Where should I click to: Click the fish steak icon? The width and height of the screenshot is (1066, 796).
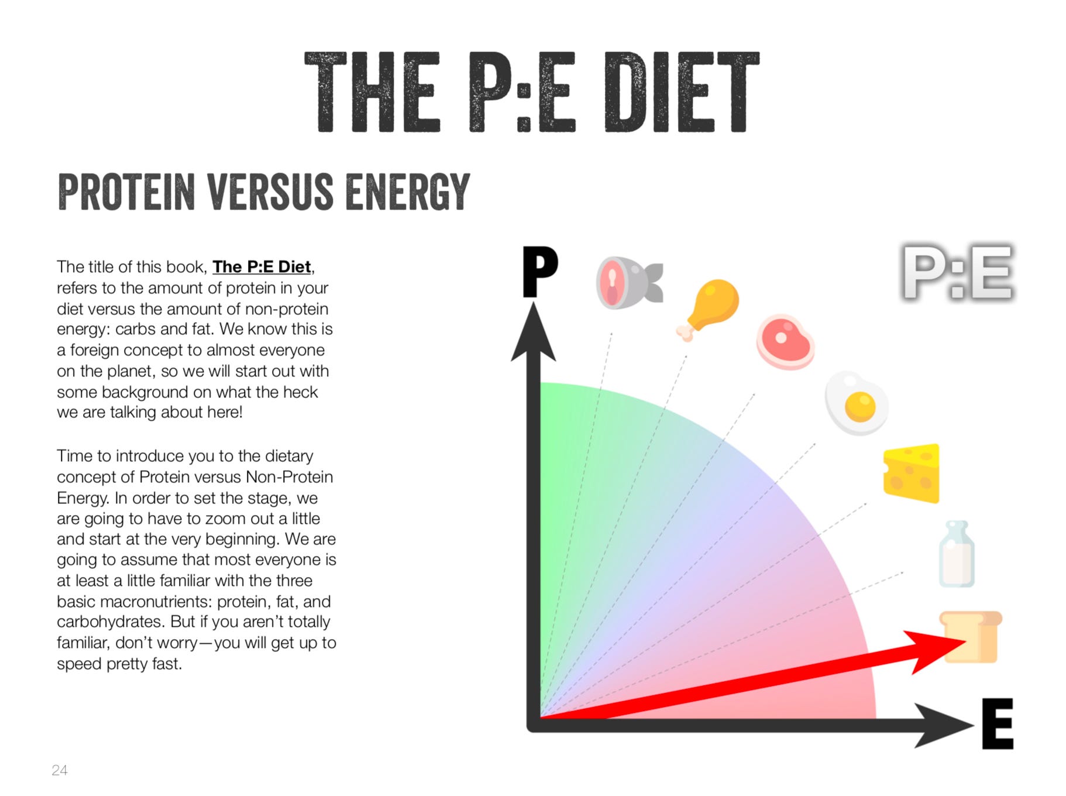[x=629, y=283]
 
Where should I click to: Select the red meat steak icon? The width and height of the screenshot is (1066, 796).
[x=785, y=342]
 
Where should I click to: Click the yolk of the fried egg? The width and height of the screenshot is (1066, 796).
[x=860, y=406]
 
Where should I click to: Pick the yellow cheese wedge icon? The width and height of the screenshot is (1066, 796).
[x=912, y=473]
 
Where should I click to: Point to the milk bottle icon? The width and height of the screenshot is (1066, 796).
[x=957, y=554]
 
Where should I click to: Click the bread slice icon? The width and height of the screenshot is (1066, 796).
[x=971, y=637]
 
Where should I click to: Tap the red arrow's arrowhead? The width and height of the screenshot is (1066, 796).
[x=934, y=650]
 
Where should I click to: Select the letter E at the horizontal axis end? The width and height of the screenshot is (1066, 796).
[x=998, y=723]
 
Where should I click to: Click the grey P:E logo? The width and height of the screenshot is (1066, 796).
[x=957, y=273]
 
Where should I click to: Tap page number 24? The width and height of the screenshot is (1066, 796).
[x=60, y=770]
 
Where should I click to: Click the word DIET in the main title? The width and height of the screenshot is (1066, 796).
[x=682, y=92]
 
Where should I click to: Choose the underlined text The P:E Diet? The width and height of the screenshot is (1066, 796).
[x=262, y=267]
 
